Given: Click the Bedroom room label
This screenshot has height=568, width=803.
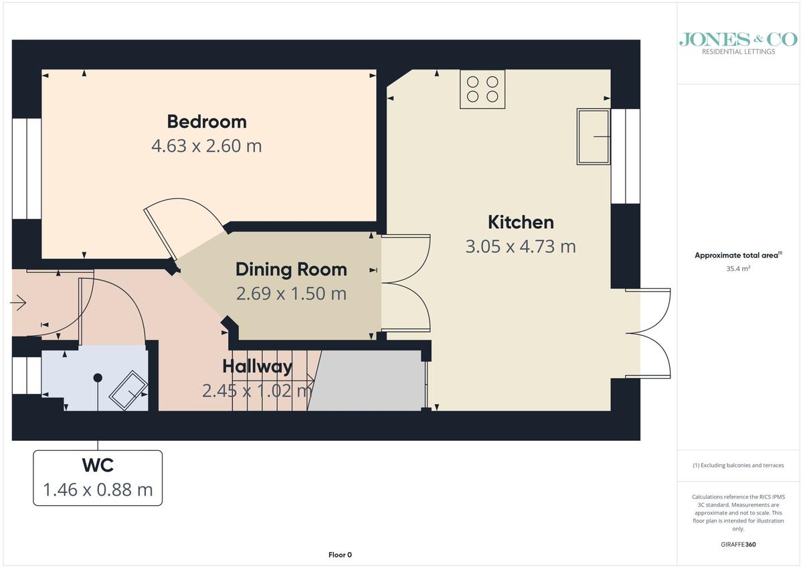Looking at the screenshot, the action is point(207,122).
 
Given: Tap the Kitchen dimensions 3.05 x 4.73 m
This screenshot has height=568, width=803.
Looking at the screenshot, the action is point(521,247).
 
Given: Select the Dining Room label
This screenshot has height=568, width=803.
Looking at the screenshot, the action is point(291,270).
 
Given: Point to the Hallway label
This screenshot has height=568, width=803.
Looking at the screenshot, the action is point(257,366).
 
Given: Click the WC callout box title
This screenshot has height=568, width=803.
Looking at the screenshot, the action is point(98,465).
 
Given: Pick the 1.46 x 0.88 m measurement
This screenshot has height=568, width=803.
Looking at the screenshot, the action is point(98,490).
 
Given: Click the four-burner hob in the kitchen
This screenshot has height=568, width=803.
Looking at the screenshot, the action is point(482,89).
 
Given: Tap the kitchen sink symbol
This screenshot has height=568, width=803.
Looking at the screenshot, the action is point(594,136).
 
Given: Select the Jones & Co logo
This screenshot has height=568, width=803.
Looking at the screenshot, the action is point(738,43).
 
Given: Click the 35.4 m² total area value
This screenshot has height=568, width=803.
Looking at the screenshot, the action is point(738,268).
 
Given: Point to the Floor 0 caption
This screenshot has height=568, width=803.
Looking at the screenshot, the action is point(340,555).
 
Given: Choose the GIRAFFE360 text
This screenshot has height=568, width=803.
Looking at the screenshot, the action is point(738,545).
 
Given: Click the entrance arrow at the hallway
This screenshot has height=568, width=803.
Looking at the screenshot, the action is point(18,303).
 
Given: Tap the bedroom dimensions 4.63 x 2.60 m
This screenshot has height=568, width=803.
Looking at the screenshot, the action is point(207,146).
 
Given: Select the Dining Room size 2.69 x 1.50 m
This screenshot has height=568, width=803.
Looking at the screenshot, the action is point(291,294).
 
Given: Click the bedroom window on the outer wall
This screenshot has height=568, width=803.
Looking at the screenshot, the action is point(27,169).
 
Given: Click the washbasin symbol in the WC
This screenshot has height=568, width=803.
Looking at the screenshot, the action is point(128,390).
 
